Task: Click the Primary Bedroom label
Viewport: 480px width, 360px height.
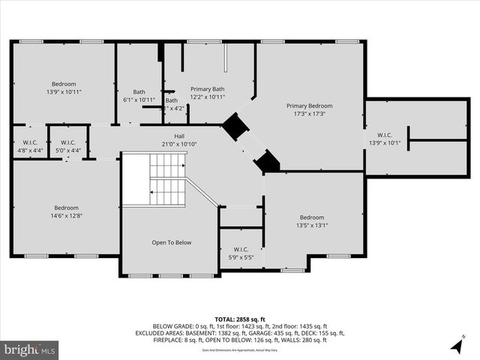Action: click(x=309, y=110)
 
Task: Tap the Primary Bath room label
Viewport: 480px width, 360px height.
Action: click(x=208, y=92)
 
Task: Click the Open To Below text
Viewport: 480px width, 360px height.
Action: click(x=172, y=242)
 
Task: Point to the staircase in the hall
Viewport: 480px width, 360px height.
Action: click(x=166, y=180)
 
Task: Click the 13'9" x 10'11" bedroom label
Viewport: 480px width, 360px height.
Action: click(x=64, y=88)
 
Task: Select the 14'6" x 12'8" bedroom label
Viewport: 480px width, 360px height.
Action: click(x=66, y=212)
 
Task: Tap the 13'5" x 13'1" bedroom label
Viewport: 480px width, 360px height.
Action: click(x=311, y=220)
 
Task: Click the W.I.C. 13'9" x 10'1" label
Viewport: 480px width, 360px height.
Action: click(x=385, y=139)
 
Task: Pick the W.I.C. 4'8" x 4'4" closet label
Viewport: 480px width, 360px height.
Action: click(x=31, y=145)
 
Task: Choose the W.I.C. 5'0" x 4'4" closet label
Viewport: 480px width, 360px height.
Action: click(x=67, y=145)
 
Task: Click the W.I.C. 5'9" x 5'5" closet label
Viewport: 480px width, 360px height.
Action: click(x=241, y=253)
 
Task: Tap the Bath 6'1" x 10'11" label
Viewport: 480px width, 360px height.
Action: click(x=139, y=96)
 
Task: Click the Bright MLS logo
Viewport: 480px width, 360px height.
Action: click(x=30, y=349)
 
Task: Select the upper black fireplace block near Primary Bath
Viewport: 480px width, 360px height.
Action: click(x=235, y=127)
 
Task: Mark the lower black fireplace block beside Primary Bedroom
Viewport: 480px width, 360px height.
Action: click(x=267, y=161)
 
